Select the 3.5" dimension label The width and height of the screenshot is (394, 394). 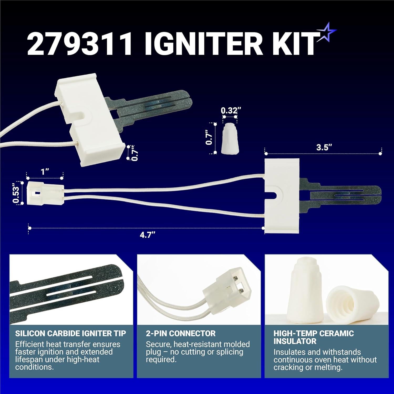pyautogui.click(x=323, y=148)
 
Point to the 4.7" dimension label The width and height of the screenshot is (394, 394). pyautogui.click(x=146, y=235)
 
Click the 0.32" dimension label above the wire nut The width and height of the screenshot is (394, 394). pyautogui.click(x=229, y=111)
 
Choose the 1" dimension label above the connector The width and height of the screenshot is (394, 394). pyautogui.click(x=45, y=172)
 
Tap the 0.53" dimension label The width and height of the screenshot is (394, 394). pyautogui.click(x=16, y=195)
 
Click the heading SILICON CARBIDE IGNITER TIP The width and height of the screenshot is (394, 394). pyautogui.click(x=71, y=334)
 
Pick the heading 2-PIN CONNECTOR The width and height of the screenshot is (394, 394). pyautogui.click(x=181, y=334)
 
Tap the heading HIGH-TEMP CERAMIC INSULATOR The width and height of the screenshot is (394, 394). pyautogui.click(x=314, y=337)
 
